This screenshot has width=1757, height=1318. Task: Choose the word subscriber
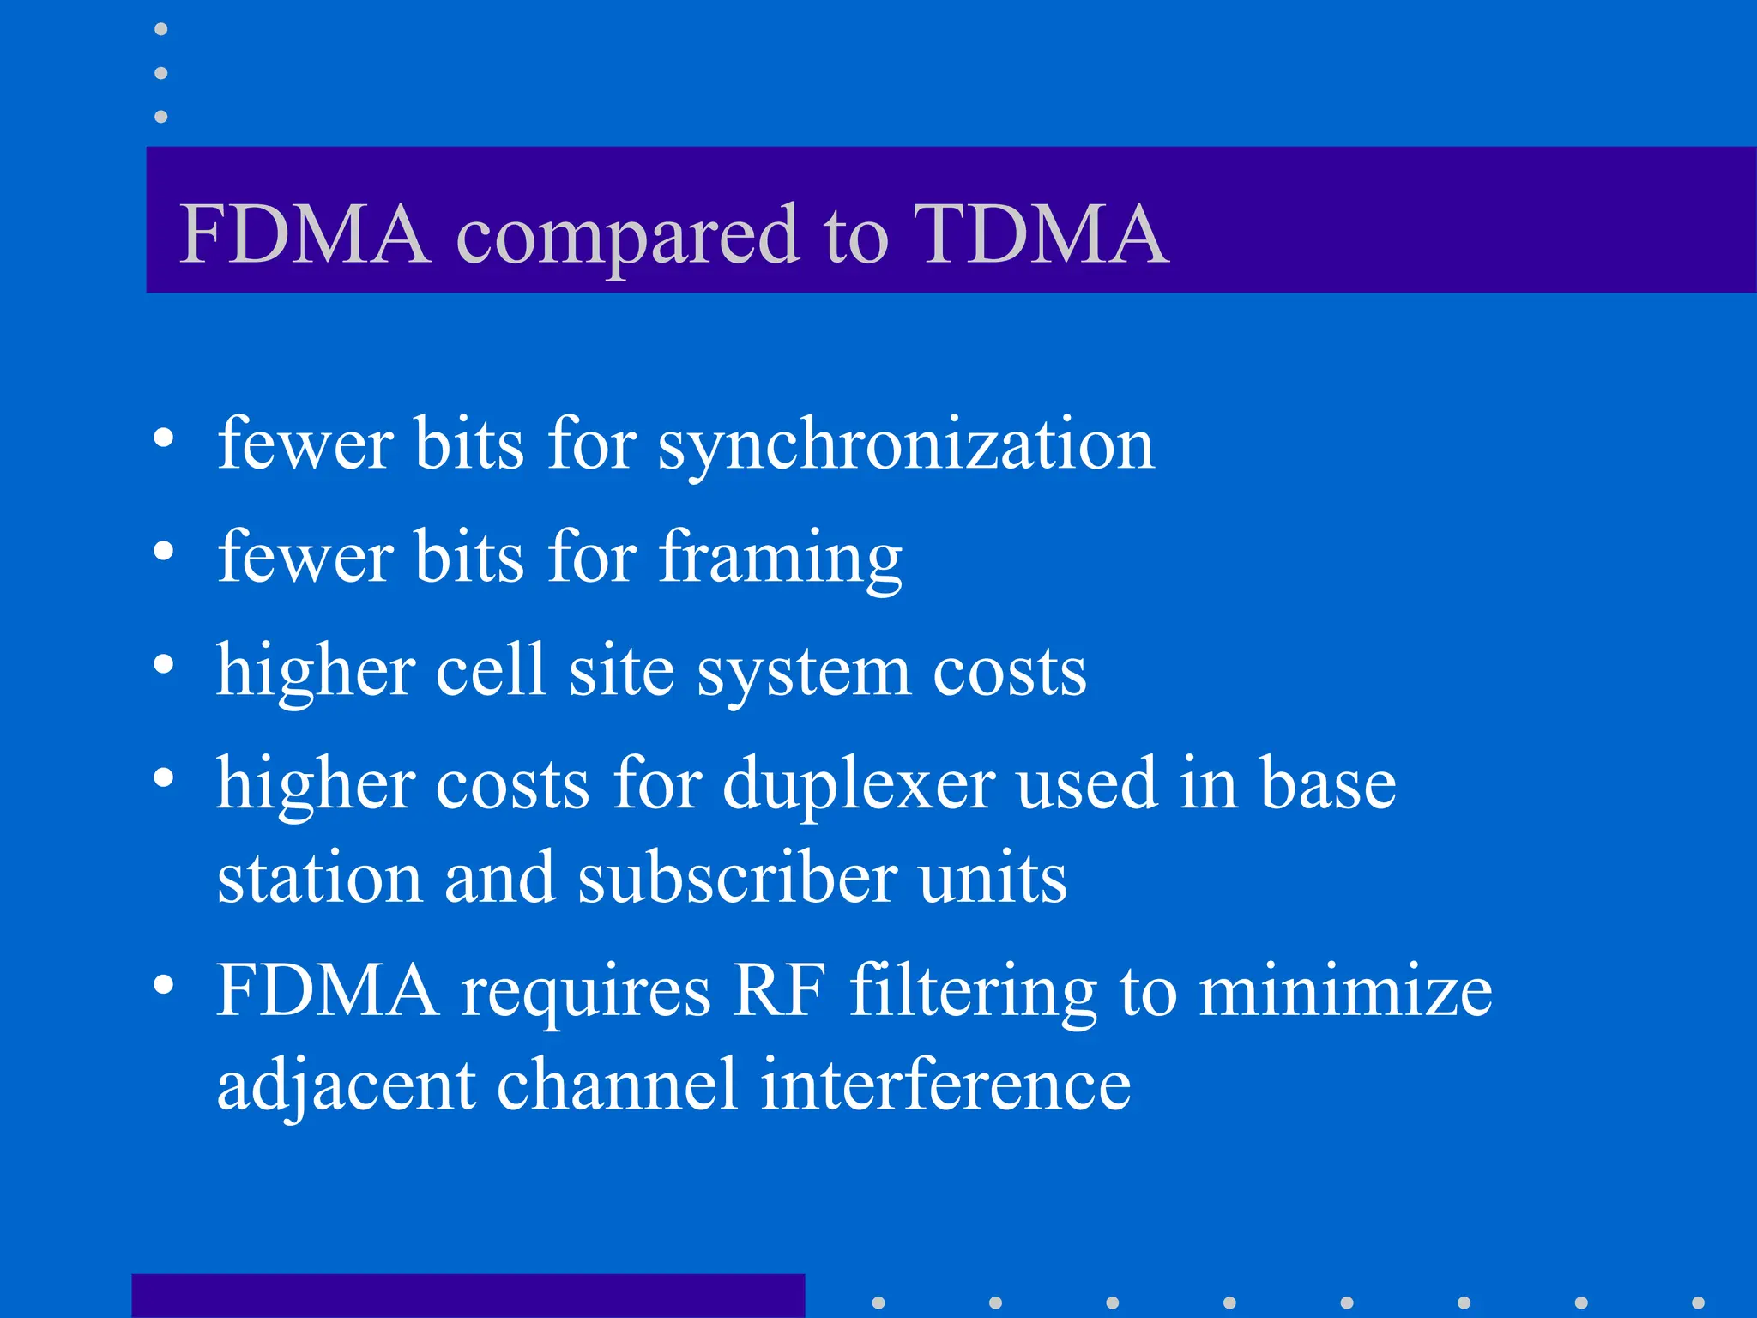tap(737, 879)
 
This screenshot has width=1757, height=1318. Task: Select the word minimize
tap(1344, 992)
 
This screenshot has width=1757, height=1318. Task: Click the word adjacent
tap(346, 1086)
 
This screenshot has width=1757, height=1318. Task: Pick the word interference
tap(945, 1085)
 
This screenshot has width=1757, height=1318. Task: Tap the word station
tap(319, 879)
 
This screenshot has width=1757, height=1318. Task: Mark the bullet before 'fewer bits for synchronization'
tap(163, 438)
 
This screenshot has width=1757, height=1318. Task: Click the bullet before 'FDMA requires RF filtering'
tap(163, 985)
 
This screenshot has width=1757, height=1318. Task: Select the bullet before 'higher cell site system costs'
tap(163, 664)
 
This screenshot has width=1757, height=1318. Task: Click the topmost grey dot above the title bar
tap(160, 29)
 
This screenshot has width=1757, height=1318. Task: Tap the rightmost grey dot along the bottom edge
tap(1697, 1303)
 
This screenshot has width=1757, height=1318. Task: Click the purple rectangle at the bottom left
tap(468, 1296)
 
